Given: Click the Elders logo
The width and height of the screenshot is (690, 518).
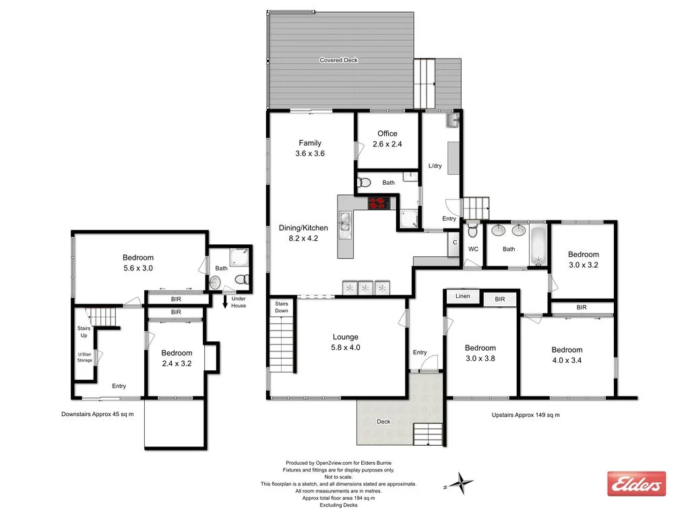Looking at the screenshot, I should point(636,484).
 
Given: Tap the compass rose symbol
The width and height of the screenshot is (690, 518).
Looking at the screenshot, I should point(463,483).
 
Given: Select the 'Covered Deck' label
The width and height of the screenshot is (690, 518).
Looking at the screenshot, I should point(339,60).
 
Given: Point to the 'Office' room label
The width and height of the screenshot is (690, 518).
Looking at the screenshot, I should point(387,134).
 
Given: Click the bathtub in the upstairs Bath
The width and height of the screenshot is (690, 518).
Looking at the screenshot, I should point(538,246).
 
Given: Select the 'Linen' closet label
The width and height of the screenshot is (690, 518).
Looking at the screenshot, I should point(462,296).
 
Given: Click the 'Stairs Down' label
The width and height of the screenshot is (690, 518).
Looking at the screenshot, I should point(282,308).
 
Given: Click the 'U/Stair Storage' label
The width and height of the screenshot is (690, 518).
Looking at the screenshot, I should point(84,355).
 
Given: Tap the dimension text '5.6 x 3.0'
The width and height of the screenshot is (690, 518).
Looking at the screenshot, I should point(138,268).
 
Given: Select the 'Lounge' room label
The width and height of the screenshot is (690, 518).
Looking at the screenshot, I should point(346,337).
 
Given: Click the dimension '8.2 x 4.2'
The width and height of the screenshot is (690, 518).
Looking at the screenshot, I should point(303,238).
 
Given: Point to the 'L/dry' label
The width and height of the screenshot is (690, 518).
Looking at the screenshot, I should point(435,166).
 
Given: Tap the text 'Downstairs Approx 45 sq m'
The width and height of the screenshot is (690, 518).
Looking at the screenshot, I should point(97,414).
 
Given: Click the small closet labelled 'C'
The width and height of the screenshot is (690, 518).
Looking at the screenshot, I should point(455,243).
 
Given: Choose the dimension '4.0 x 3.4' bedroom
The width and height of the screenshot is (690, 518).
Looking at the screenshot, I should point(567,360).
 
